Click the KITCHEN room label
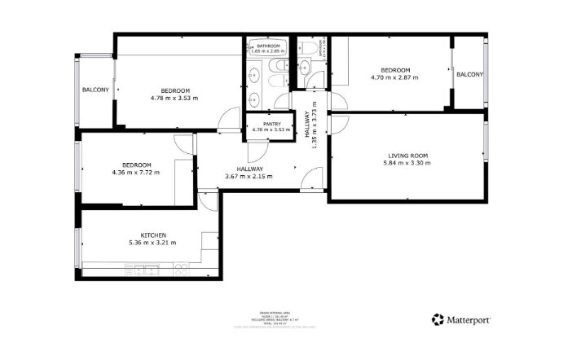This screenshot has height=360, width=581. point(152,235)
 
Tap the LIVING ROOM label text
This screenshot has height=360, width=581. point(407,155)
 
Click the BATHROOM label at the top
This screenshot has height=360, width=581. point(264,45)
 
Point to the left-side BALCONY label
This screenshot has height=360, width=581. point(95,90)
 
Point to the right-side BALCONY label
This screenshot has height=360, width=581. point(469,74)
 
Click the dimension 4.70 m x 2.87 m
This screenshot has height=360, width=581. point(394,78)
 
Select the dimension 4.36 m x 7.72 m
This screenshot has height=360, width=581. point(136,172)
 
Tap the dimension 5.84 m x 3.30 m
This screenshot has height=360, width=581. point(407,164)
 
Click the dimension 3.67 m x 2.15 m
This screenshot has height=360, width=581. point(249,176)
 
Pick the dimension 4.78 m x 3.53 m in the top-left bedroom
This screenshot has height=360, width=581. point(174,98)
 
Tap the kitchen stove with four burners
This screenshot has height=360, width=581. point(181,269)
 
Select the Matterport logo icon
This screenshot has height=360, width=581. point(438,319)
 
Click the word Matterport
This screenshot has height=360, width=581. point(469,320)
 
